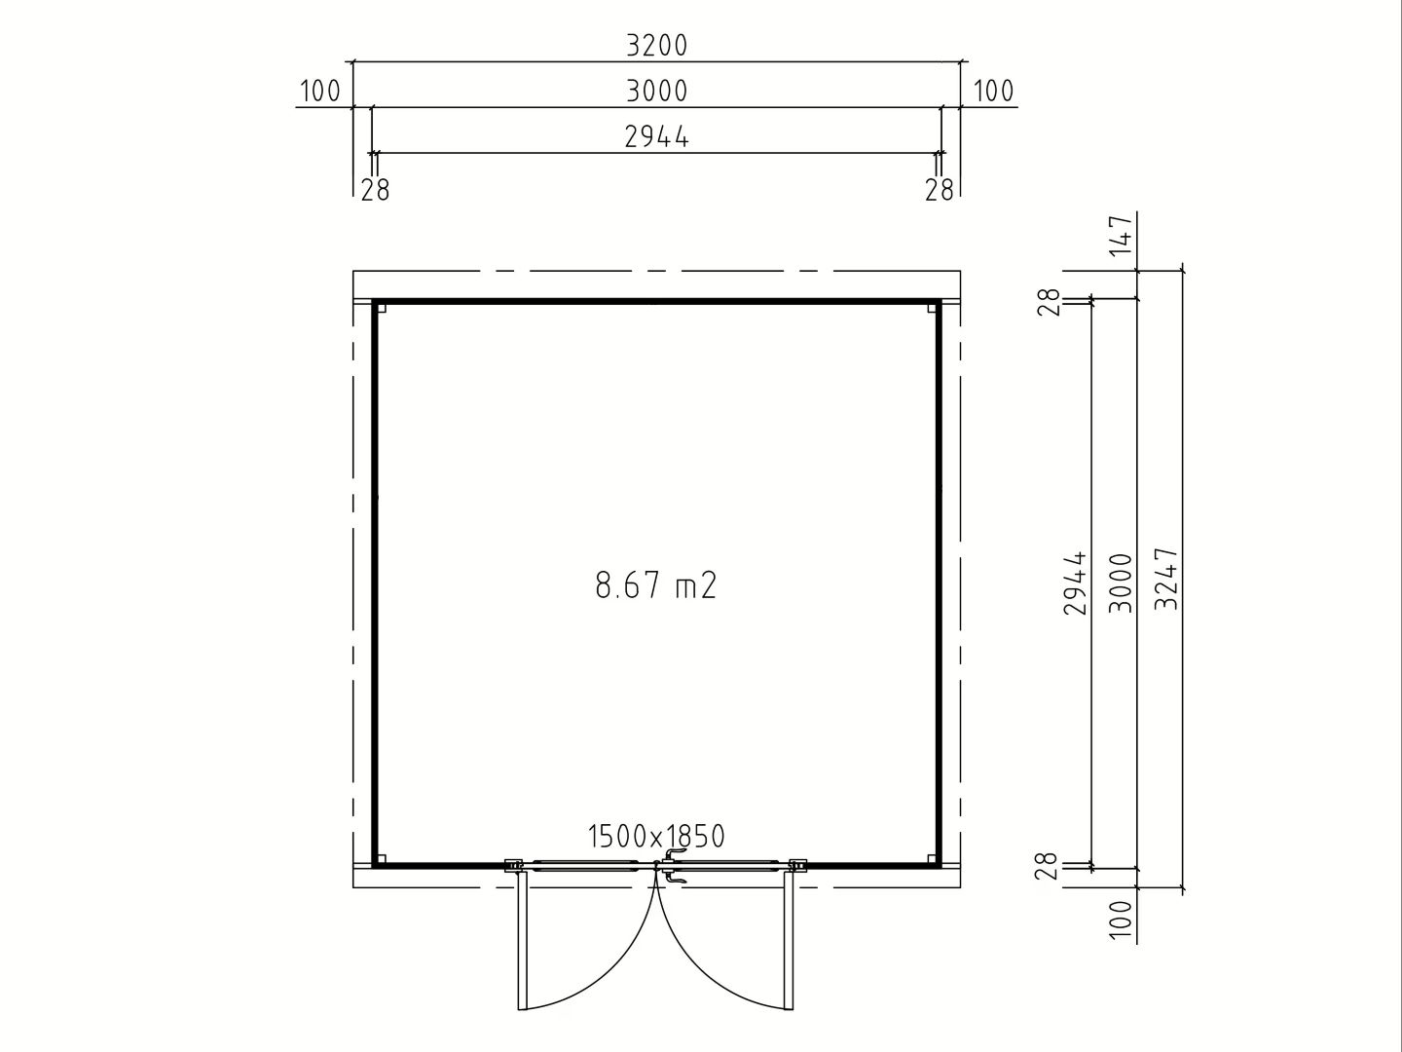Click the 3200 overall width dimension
tap(656, 46)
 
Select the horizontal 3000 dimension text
tap(656, 92)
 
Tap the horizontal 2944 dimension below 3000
tap(656, 136)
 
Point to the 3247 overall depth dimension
tap(1167, 578)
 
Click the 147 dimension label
tap(1122, 236)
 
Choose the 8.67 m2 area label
tap(656, 585)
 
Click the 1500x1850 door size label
tap(656, 836)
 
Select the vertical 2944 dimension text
tap(1075, 582)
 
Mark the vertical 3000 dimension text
tap(1121, 582)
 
